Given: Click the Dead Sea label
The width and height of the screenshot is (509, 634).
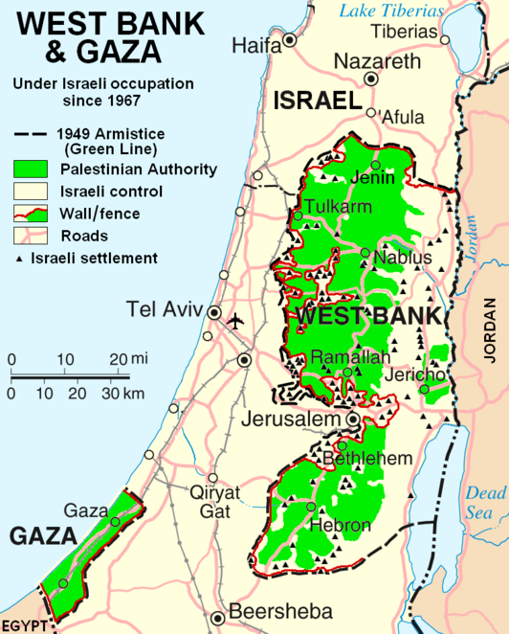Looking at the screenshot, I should click(x=485, y=503).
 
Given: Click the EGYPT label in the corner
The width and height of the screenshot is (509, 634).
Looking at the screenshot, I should click(x=24, y=625).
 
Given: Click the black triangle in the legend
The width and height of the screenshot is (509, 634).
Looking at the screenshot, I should click(x=19, y=259).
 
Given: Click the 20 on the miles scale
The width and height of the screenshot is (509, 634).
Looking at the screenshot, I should click(x=117, y=359).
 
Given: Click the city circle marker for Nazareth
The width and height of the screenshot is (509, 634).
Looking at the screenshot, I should click(x=372, y=80).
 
